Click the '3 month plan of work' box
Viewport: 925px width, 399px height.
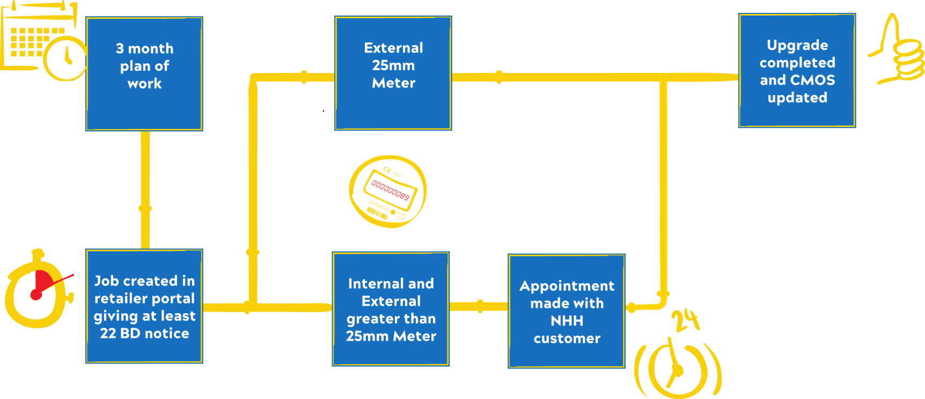(x=144, y=73)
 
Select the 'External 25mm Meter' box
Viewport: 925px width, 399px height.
(x=393, y=73)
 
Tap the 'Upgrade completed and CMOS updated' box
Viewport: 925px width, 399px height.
(x=797, y=71)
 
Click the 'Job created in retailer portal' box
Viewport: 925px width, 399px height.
(x=144, y=306)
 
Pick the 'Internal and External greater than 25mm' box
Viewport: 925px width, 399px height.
(x=391, y=309)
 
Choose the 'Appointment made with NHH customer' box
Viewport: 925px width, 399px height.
(x=567, y=311)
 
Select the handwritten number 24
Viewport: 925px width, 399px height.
(x=686, y=320)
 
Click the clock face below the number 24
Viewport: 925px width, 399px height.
(x=677, y=370)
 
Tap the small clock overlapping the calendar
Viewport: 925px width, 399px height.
(x=65, y=58)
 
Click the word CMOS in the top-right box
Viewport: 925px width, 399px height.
(x=816, y=80)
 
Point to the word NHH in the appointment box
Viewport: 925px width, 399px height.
(x=567, y=321)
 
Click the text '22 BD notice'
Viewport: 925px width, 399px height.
(x=144, y=334)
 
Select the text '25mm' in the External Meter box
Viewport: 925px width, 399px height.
(x=393, y=65)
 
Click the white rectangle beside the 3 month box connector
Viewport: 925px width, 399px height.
(x=114, y=187)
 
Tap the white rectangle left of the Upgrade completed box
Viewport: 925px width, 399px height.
(x=704, y=104)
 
